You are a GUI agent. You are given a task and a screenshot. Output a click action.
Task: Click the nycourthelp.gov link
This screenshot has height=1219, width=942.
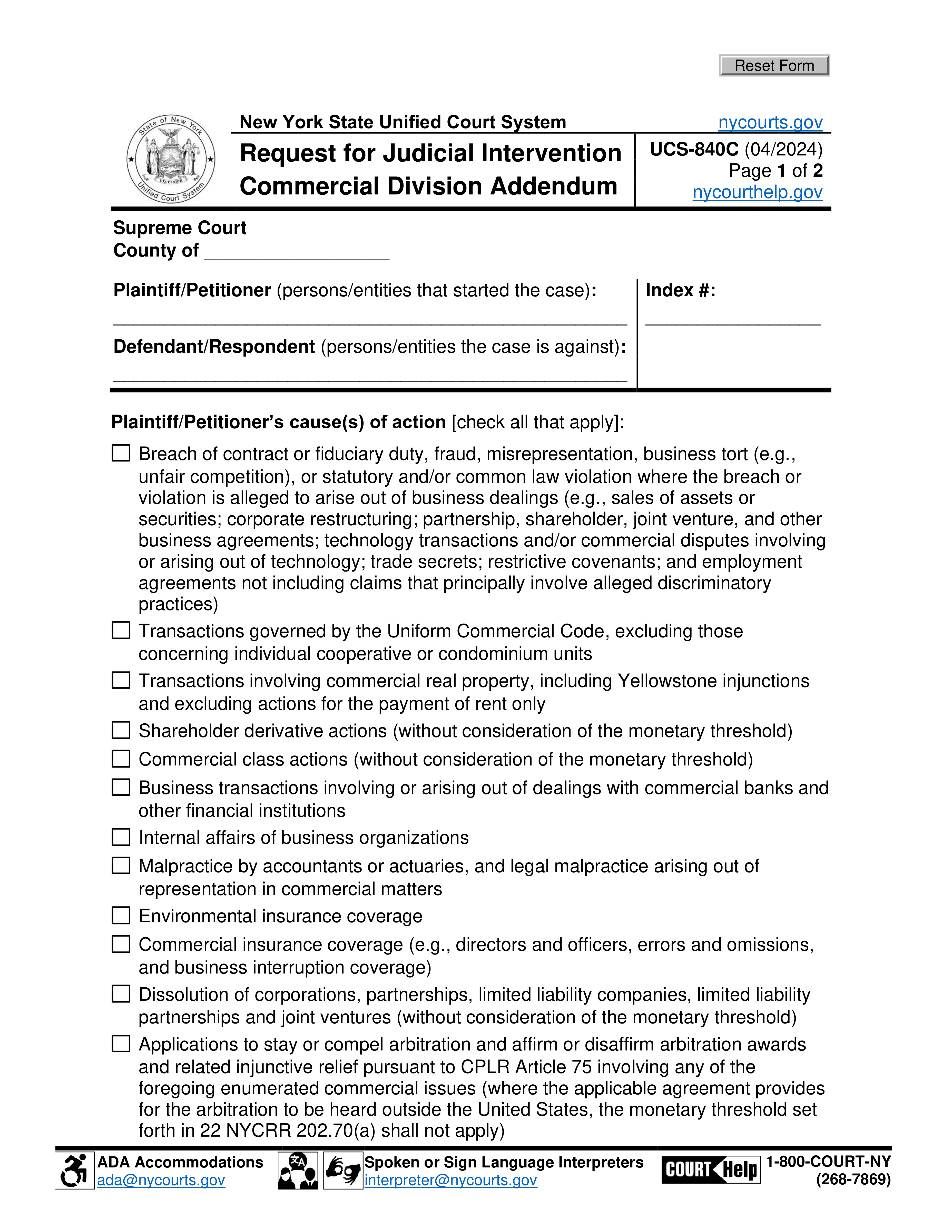757,192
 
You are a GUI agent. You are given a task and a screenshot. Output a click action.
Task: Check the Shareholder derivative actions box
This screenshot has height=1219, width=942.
121,730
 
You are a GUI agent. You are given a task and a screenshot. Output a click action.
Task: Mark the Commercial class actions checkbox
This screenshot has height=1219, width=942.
121,759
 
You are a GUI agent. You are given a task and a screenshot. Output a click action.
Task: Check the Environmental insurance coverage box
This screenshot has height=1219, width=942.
121,915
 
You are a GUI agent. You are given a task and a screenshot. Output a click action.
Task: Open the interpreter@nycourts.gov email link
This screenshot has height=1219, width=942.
450,1180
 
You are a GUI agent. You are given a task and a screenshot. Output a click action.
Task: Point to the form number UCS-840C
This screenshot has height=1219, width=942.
694,150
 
